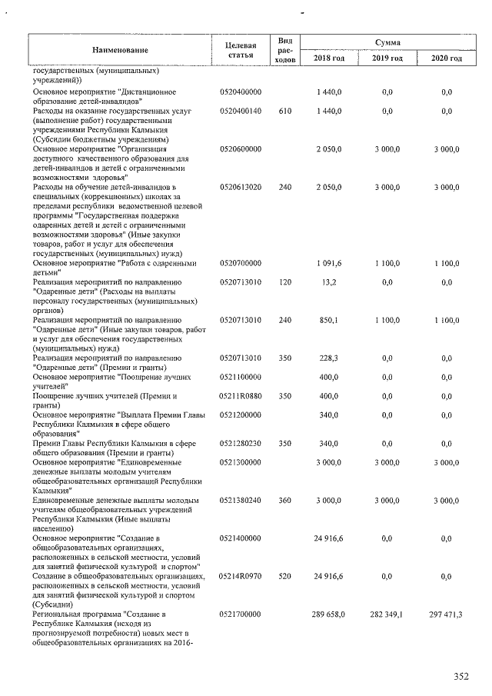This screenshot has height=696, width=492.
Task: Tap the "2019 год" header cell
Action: click(x=387, y=58)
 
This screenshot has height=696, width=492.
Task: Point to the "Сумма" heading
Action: click(x=387, y=42)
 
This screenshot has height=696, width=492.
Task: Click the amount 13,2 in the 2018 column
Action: click(x=331, y=282)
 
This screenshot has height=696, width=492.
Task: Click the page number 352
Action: click(x=460, y=677)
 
